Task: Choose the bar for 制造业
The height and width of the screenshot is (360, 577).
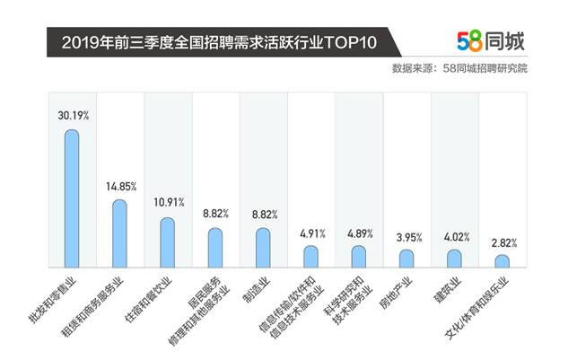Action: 263,247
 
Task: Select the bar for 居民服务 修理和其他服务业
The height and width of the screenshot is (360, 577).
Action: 215,247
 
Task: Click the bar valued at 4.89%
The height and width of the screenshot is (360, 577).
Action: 359,256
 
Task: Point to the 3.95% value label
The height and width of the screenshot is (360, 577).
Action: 408,237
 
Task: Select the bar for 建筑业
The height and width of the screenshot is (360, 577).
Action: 455,258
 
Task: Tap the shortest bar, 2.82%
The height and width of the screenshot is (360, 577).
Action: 503,260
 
